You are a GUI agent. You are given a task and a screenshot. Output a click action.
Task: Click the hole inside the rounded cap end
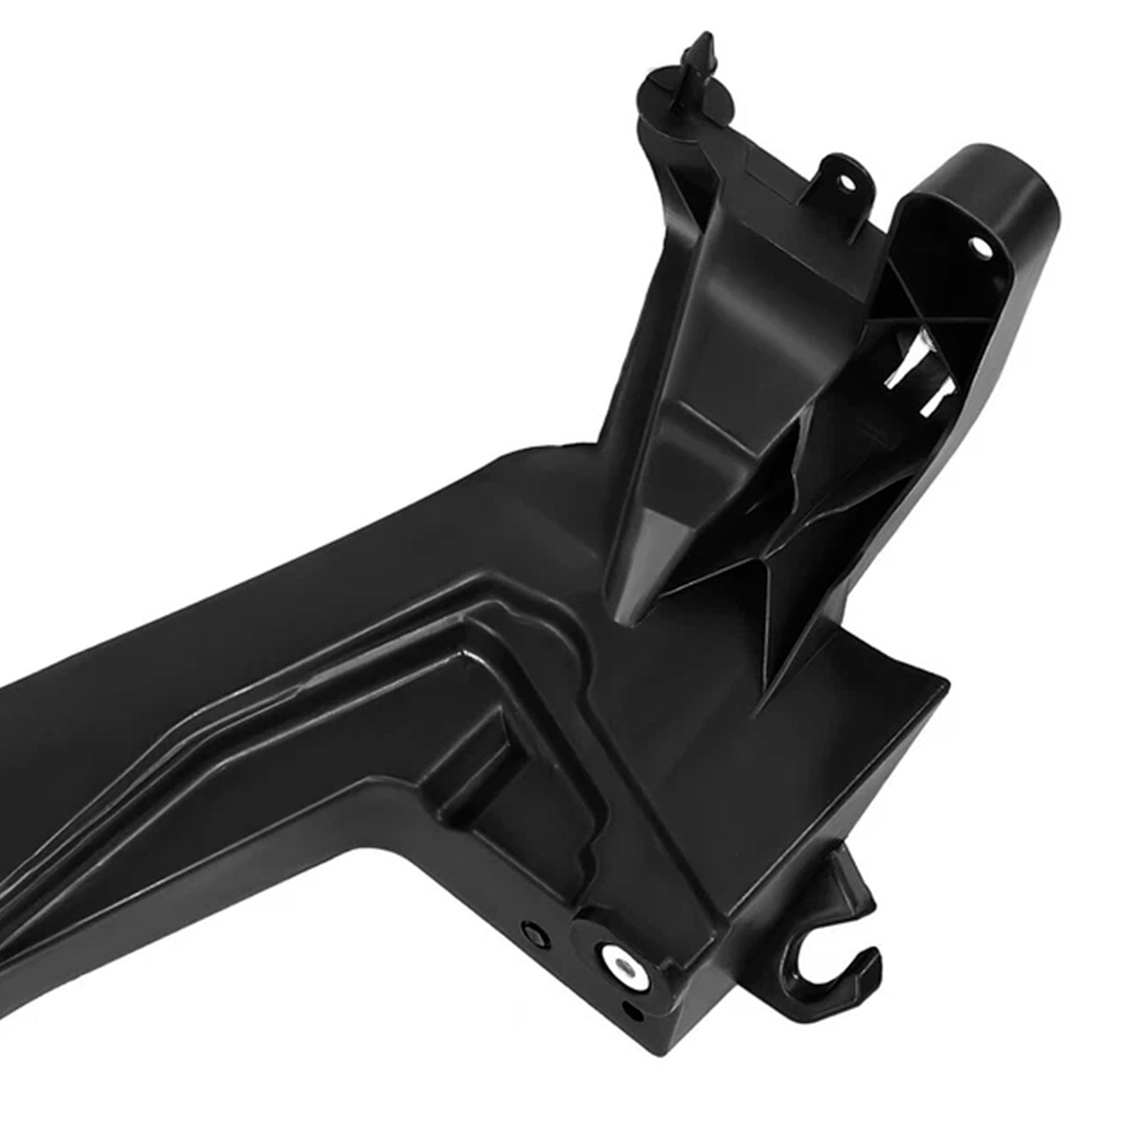coord(982,245)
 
